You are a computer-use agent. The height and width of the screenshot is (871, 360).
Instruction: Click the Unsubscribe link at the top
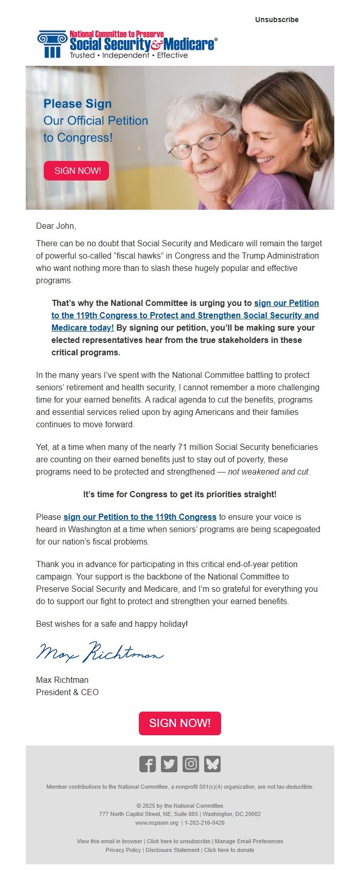pyautogui.click(x=277, y=20)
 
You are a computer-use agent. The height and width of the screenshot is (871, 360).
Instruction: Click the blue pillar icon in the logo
pyautogui.click(x=52, y=44)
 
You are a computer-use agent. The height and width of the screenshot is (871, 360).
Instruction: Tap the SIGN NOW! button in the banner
pyautogui.click(x=77, y=171)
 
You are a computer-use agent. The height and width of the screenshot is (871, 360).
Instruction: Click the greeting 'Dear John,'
pyautogui.click(x=56, y=226)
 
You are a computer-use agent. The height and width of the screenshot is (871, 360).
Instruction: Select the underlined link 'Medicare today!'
pyautogui.click(x=83, y=328)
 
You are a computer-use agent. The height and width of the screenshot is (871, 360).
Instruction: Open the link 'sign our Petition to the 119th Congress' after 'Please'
pyautogui.click(x=140, y=517)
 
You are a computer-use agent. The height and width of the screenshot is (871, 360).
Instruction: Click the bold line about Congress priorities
pyautogui.click(x=180, y=495)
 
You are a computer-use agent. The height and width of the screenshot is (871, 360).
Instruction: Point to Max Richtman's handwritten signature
pyautogui.click(x=100, y=653)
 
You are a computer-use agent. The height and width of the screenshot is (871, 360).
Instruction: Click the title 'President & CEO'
pyautogui.click(x=67, y=693)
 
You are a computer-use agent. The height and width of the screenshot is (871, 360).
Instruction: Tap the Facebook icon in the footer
pyautogui.click(x=148, y=764)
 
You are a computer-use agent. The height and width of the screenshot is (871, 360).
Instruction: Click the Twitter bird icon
pyautogui.click(x=169, y=764)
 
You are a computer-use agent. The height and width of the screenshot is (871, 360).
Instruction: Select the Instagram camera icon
pyautogui.click(x=191, y=764)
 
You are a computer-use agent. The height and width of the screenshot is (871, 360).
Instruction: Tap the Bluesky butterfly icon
pyautogui.click(x=212, y=764)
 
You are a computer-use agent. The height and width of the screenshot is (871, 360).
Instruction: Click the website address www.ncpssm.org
pyautogui.click(x=157, y=823)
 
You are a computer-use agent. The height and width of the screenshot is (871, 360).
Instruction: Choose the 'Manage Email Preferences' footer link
pyautogui.click(x=249, y=842)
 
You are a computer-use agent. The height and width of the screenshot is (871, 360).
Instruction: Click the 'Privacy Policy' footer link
pyautogui.click(x=123, y=850)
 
